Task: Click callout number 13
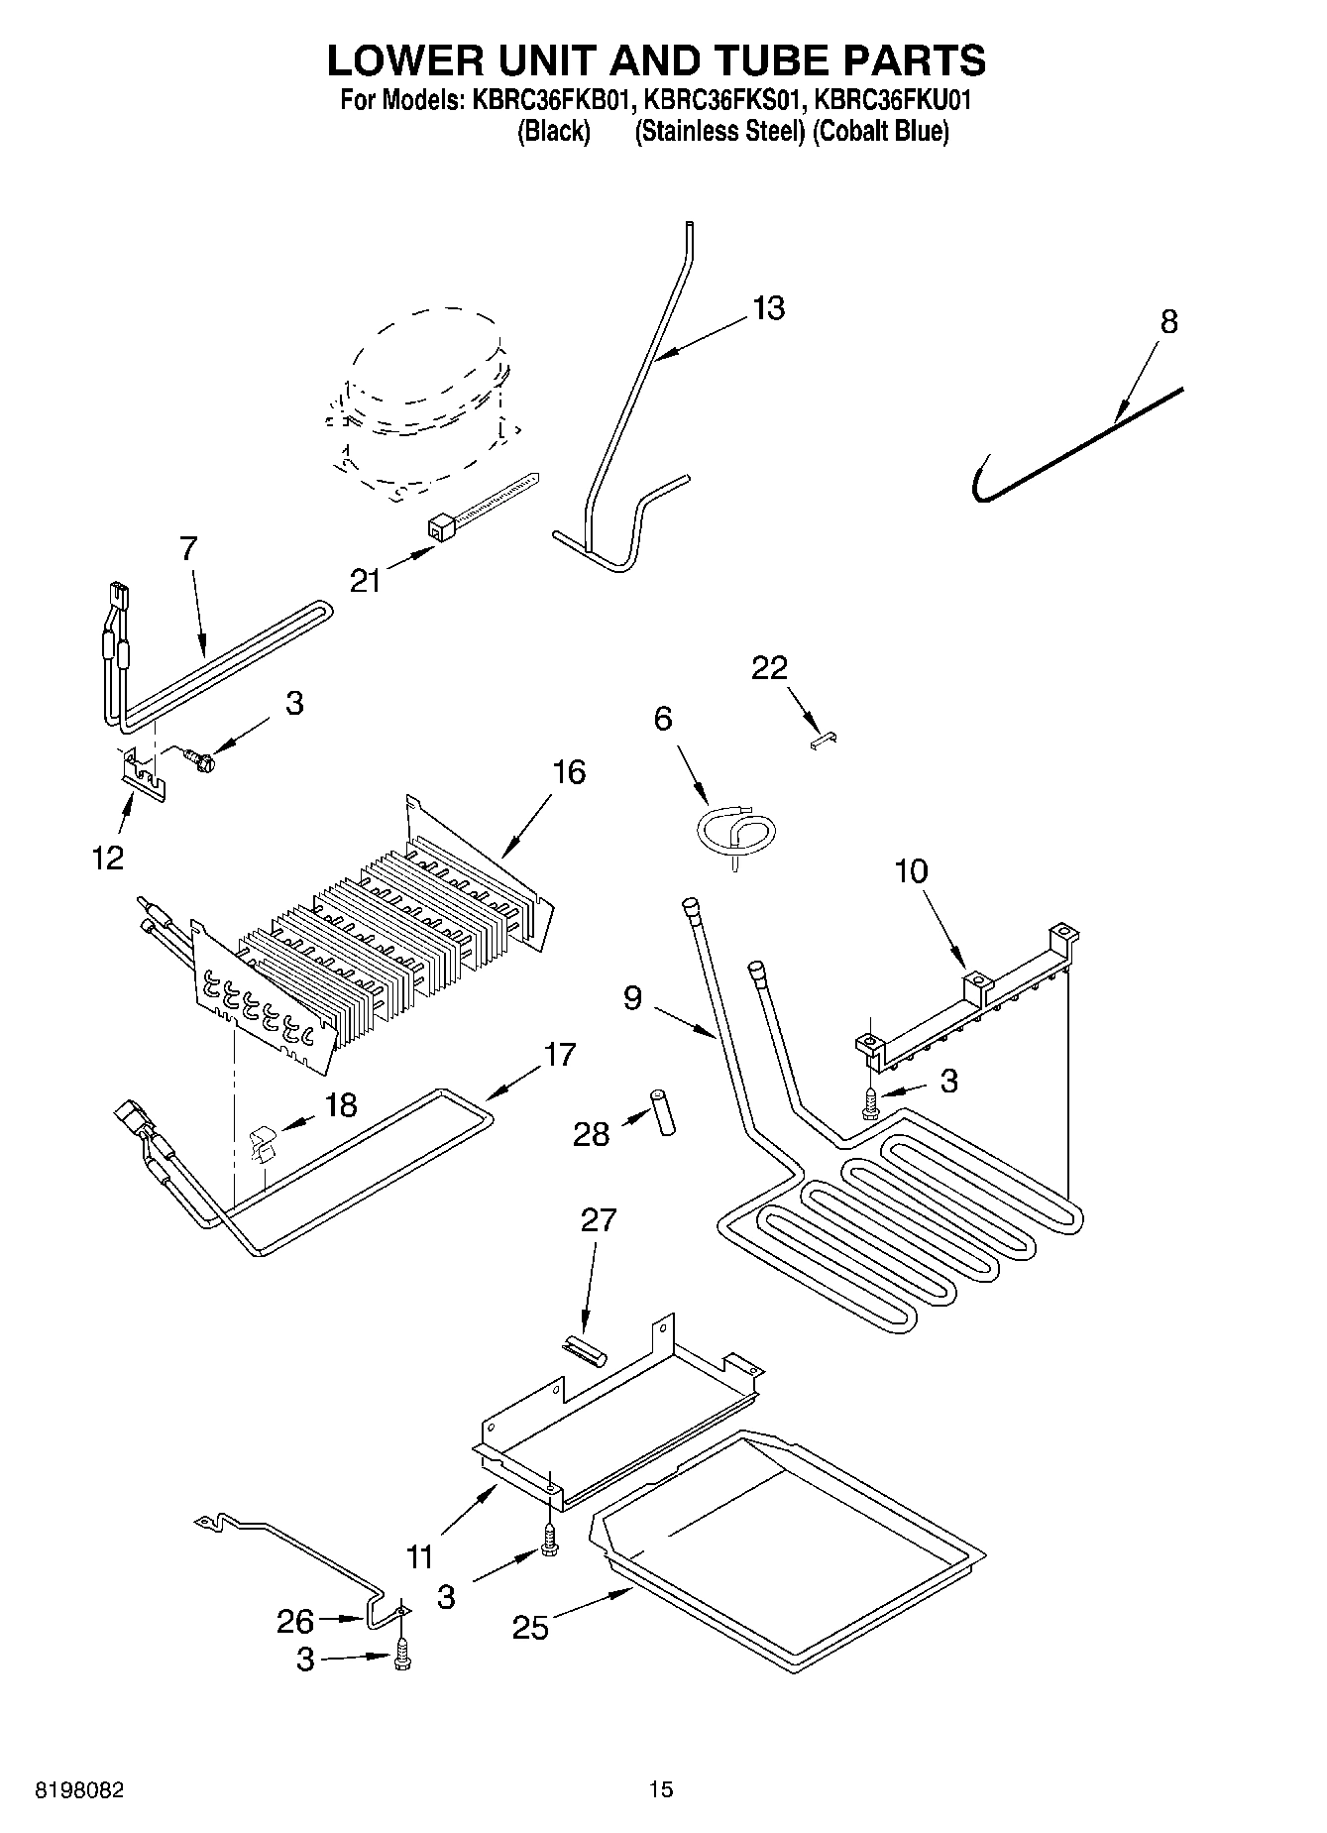[x=768, y=308]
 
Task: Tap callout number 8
[x=1168, y=321]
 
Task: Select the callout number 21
[x=366, y=580]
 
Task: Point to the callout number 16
[x=569, y=771]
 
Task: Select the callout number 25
[x=531, y=1628]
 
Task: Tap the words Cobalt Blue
[x=880, y=131]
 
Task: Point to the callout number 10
[x=911, y=871]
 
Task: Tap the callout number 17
[x=560, y=1055]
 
